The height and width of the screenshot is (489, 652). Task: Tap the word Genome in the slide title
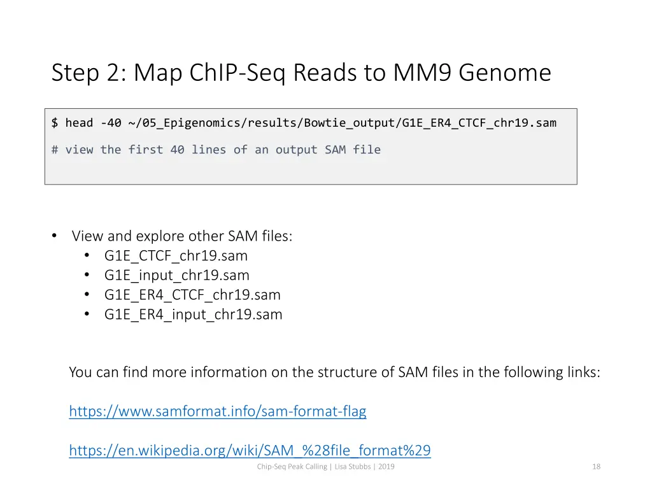coord(504,73)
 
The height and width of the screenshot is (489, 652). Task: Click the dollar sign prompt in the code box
coord(55,123)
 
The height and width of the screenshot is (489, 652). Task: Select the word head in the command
coord(79,123)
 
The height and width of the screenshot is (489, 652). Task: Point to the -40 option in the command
coord(111,123)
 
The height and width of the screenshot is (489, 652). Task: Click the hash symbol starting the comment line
coord(55,150)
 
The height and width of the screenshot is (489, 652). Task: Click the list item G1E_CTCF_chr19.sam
coord(176,256)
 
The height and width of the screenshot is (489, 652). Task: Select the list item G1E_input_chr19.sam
coord(176,276)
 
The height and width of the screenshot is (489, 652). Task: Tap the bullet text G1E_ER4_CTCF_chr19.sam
coord(192,295)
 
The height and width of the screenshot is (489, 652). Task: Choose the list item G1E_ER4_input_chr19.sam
coord(193,315)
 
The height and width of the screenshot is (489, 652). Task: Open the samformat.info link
coord(217,411)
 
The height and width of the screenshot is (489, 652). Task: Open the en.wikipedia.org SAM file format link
coord(250,451)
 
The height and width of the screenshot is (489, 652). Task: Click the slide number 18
coord(596,467)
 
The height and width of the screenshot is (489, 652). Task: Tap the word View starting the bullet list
coord(87,236)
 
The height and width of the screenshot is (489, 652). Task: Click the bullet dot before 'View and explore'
coord(55,236)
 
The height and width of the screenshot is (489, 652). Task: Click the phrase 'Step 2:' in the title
coord(89,73)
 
